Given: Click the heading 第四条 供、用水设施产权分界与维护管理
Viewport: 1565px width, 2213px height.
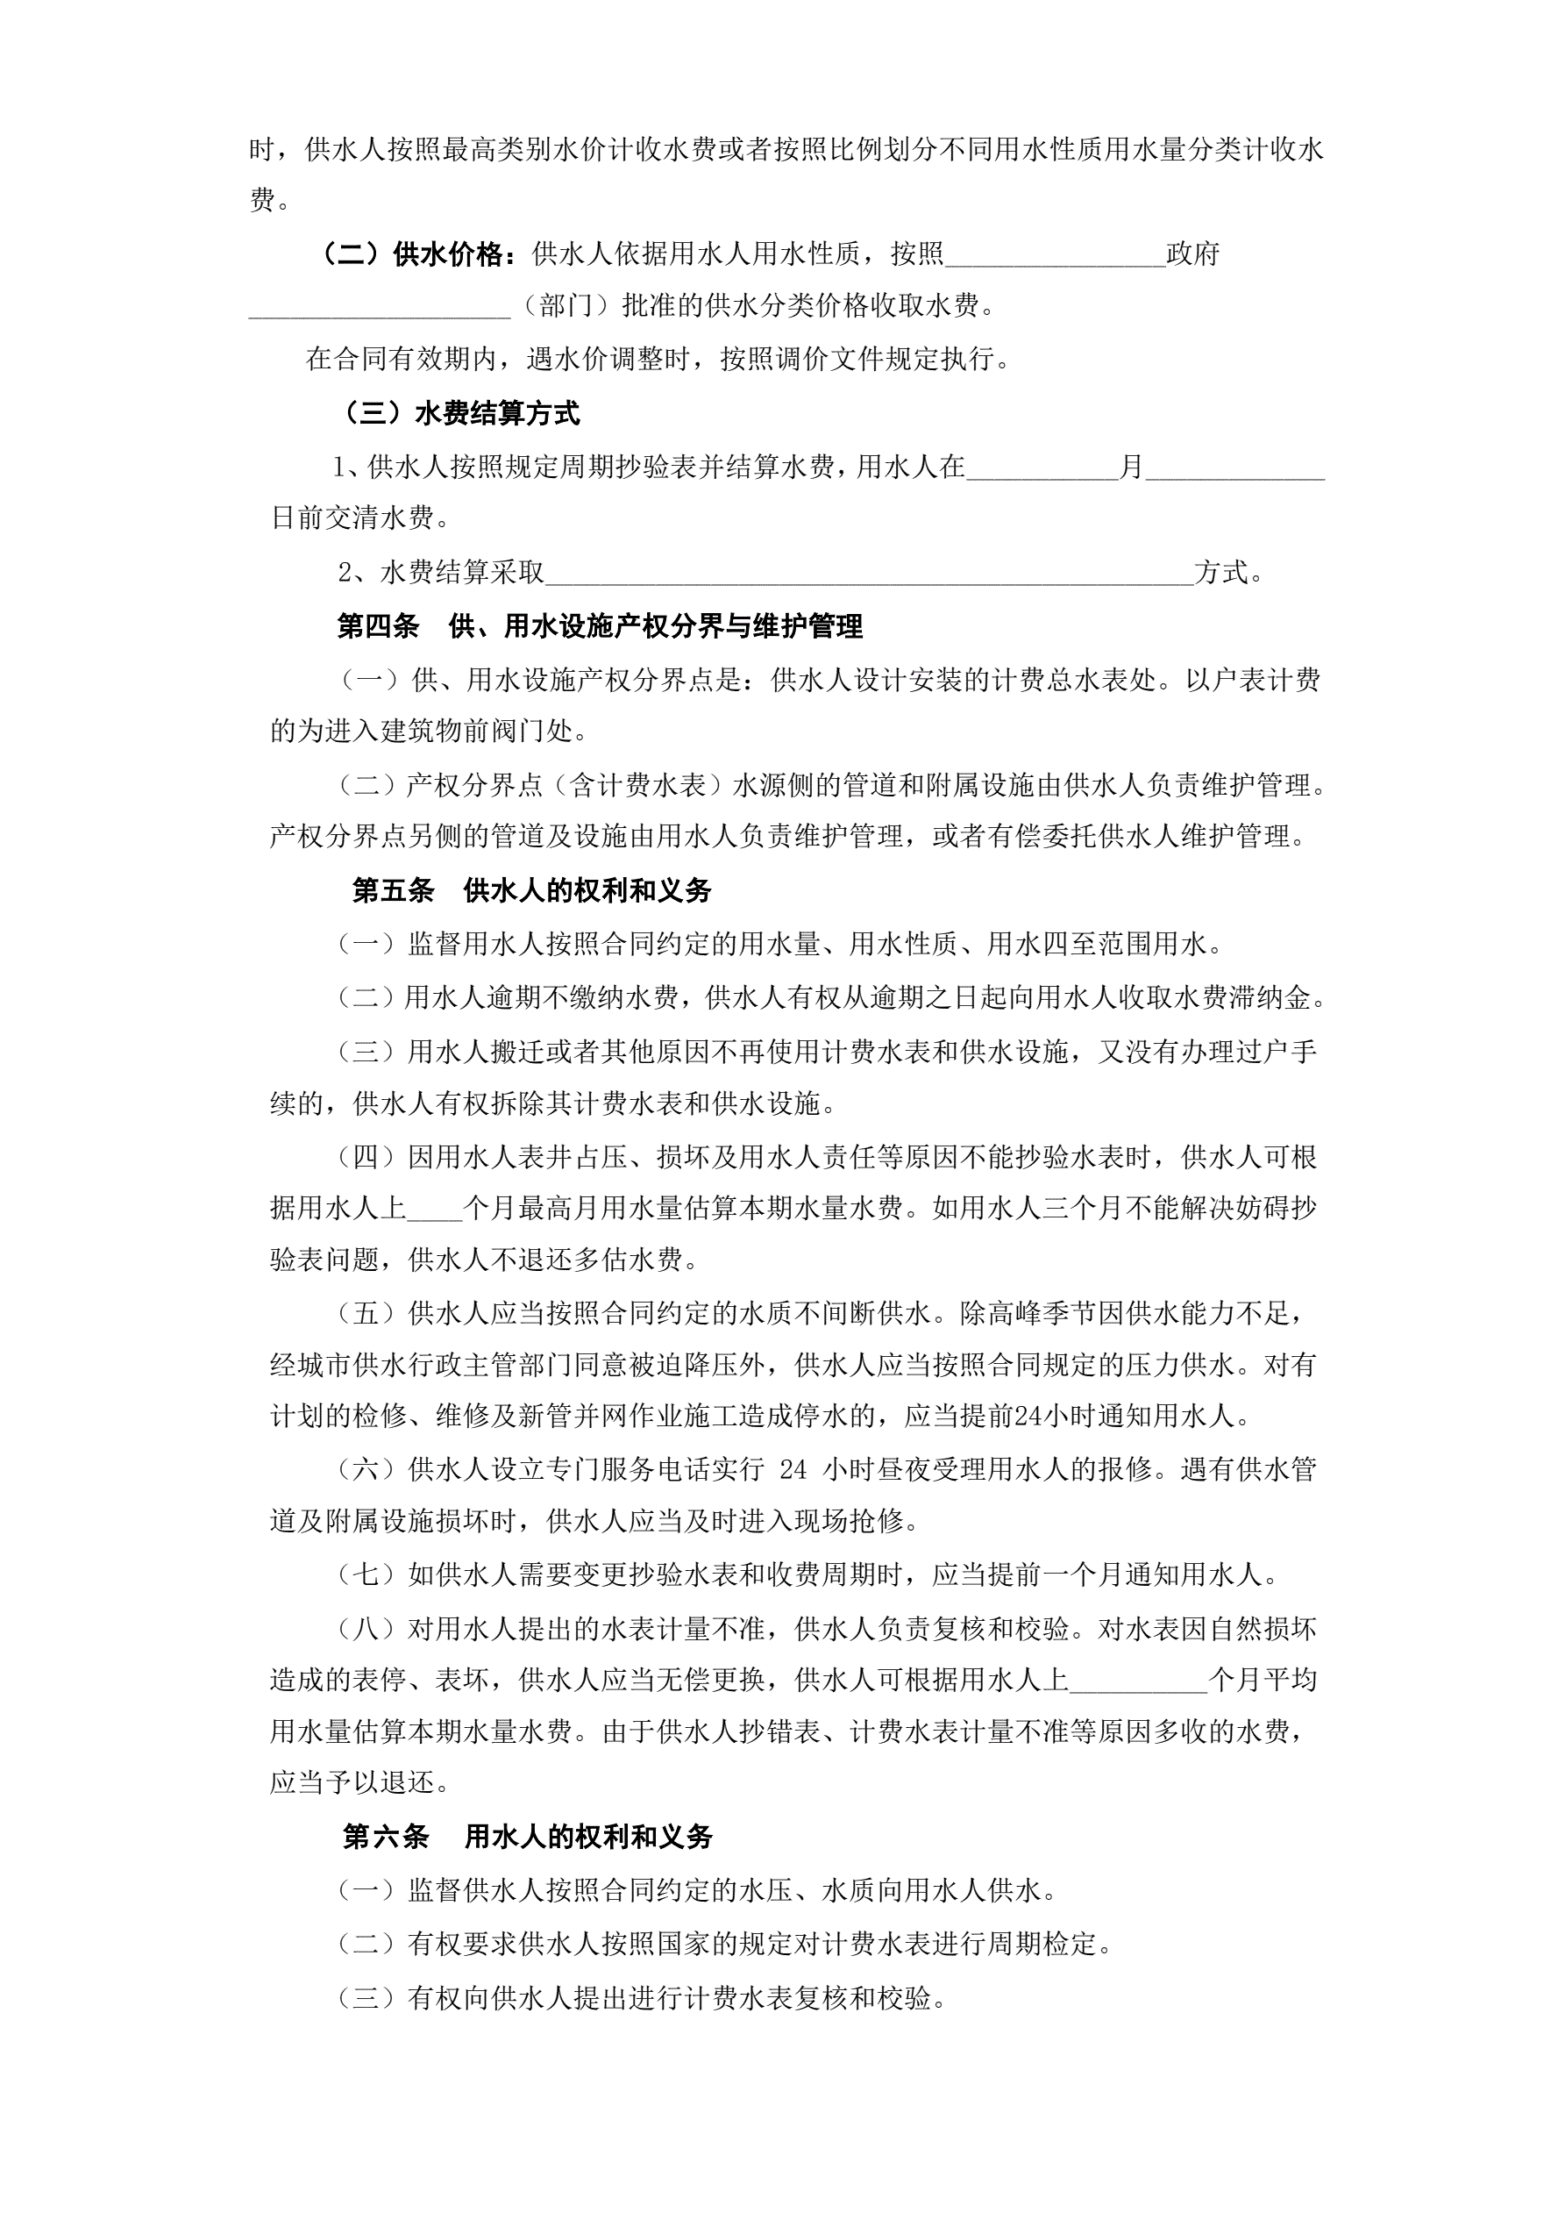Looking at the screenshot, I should coord(600,626).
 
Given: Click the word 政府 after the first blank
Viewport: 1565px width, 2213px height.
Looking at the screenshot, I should coord(1193,254).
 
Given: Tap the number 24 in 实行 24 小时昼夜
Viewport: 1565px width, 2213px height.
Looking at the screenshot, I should coord(793,1469).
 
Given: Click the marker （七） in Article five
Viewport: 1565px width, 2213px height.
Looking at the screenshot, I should coord(366,1575).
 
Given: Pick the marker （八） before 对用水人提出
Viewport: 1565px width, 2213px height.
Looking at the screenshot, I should coord(366,1629).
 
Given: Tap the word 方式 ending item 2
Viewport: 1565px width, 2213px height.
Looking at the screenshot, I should coord(1221,573).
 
